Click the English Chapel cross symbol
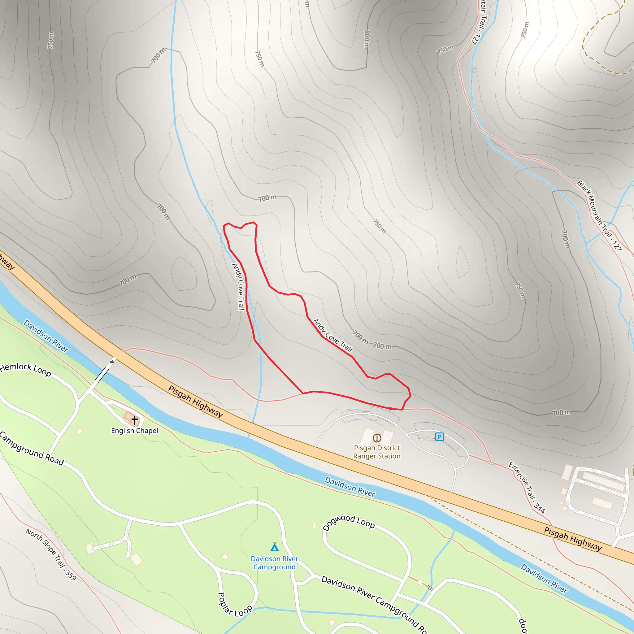135,420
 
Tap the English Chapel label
135,431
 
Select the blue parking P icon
439,436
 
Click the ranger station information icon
377,438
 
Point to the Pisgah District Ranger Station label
377,452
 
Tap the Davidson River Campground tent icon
275,547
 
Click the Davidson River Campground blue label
275,563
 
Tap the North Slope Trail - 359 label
51,554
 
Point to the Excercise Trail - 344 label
527,487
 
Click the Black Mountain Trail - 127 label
599,215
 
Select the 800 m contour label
367,39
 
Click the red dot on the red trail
390,409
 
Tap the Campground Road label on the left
32,449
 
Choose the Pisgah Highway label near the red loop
196,401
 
